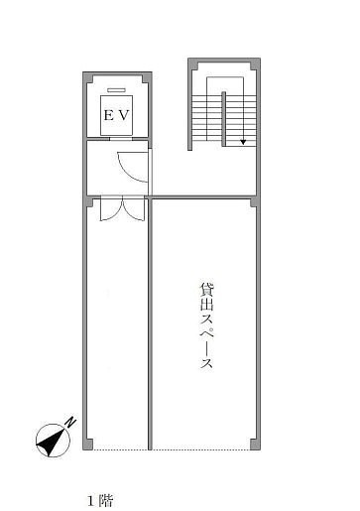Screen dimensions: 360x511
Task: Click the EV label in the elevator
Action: tap(116, 115)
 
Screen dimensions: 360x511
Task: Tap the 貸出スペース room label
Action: tap(207, 325)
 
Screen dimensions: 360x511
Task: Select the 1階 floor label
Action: tap(100, 501)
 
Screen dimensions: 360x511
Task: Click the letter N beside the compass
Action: tap(70, 422)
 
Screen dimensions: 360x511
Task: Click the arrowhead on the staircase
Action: tap(243, 142)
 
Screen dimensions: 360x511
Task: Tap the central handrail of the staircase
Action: tap(224, 118)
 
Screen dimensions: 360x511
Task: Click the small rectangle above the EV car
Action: tap(116, 90)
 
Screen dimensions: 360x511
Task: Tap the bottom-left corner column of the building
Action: tap(88, 444)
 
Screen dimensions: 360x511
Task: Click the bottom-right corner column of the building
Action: tap(255, 444)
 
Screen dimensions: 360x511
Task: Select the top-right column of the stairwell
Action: tap(255, 64)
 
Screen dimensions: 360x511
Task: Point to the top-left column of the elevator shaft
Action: tap(88, 77)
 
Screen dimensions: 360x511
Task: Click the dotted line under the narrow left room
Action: tap(120, 449)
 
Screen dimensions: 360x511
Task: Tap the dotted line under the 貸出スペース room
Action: tap(201, 449)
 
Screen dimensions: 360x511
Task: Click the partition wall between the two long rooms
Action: tap(150, 324)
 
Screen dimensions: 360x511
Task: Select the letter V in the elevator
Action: tap(124, 115)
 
